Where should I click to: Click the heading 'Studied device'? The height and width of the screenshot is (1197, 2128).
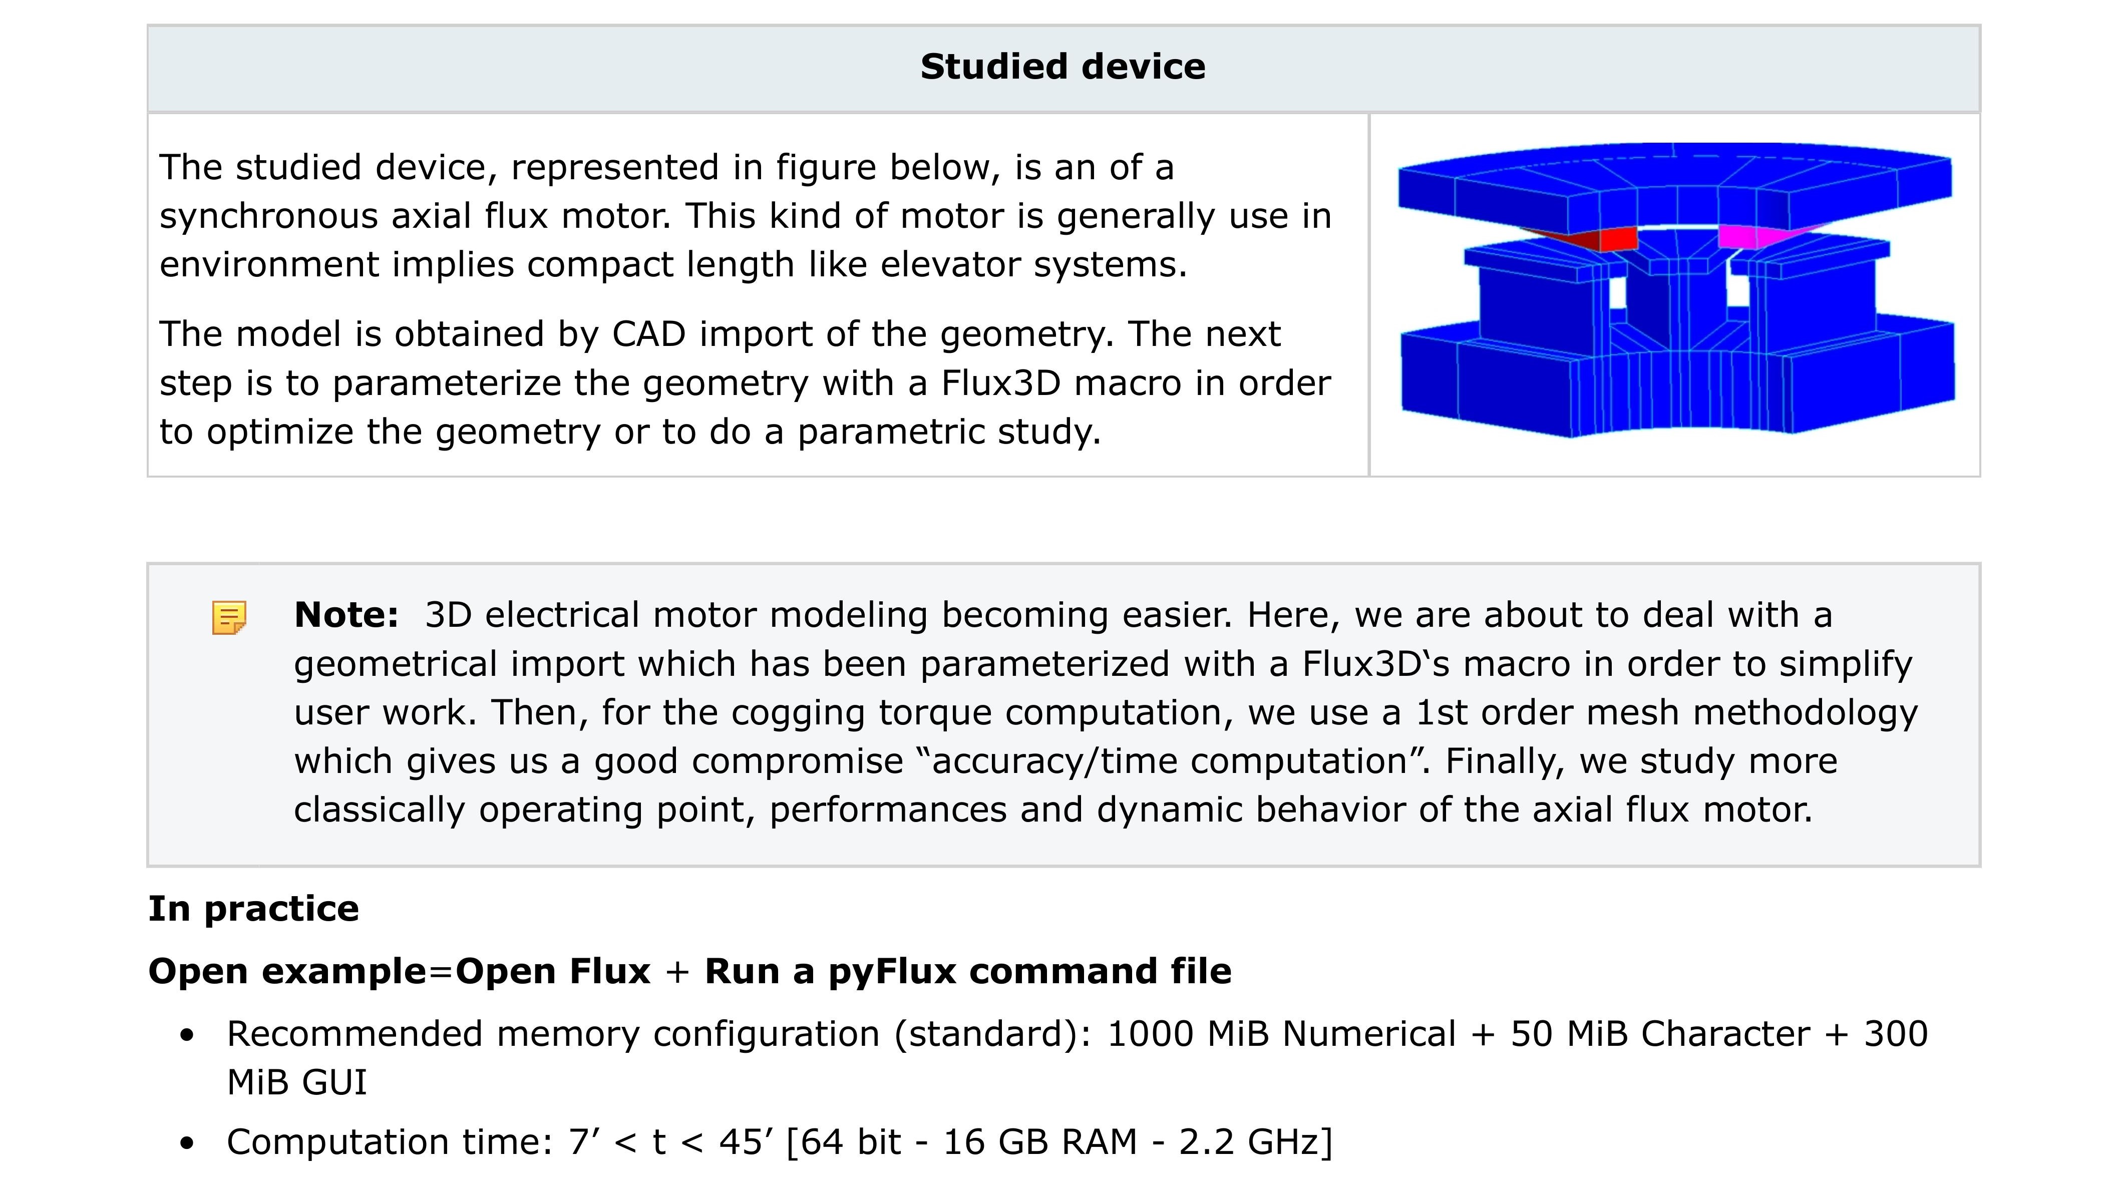[1062, 67]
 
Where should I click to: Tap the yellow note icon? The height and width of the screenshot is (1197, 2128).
[229, 617]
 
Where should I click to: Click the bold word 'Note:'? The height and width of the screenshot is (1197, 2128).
[346, 615]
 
